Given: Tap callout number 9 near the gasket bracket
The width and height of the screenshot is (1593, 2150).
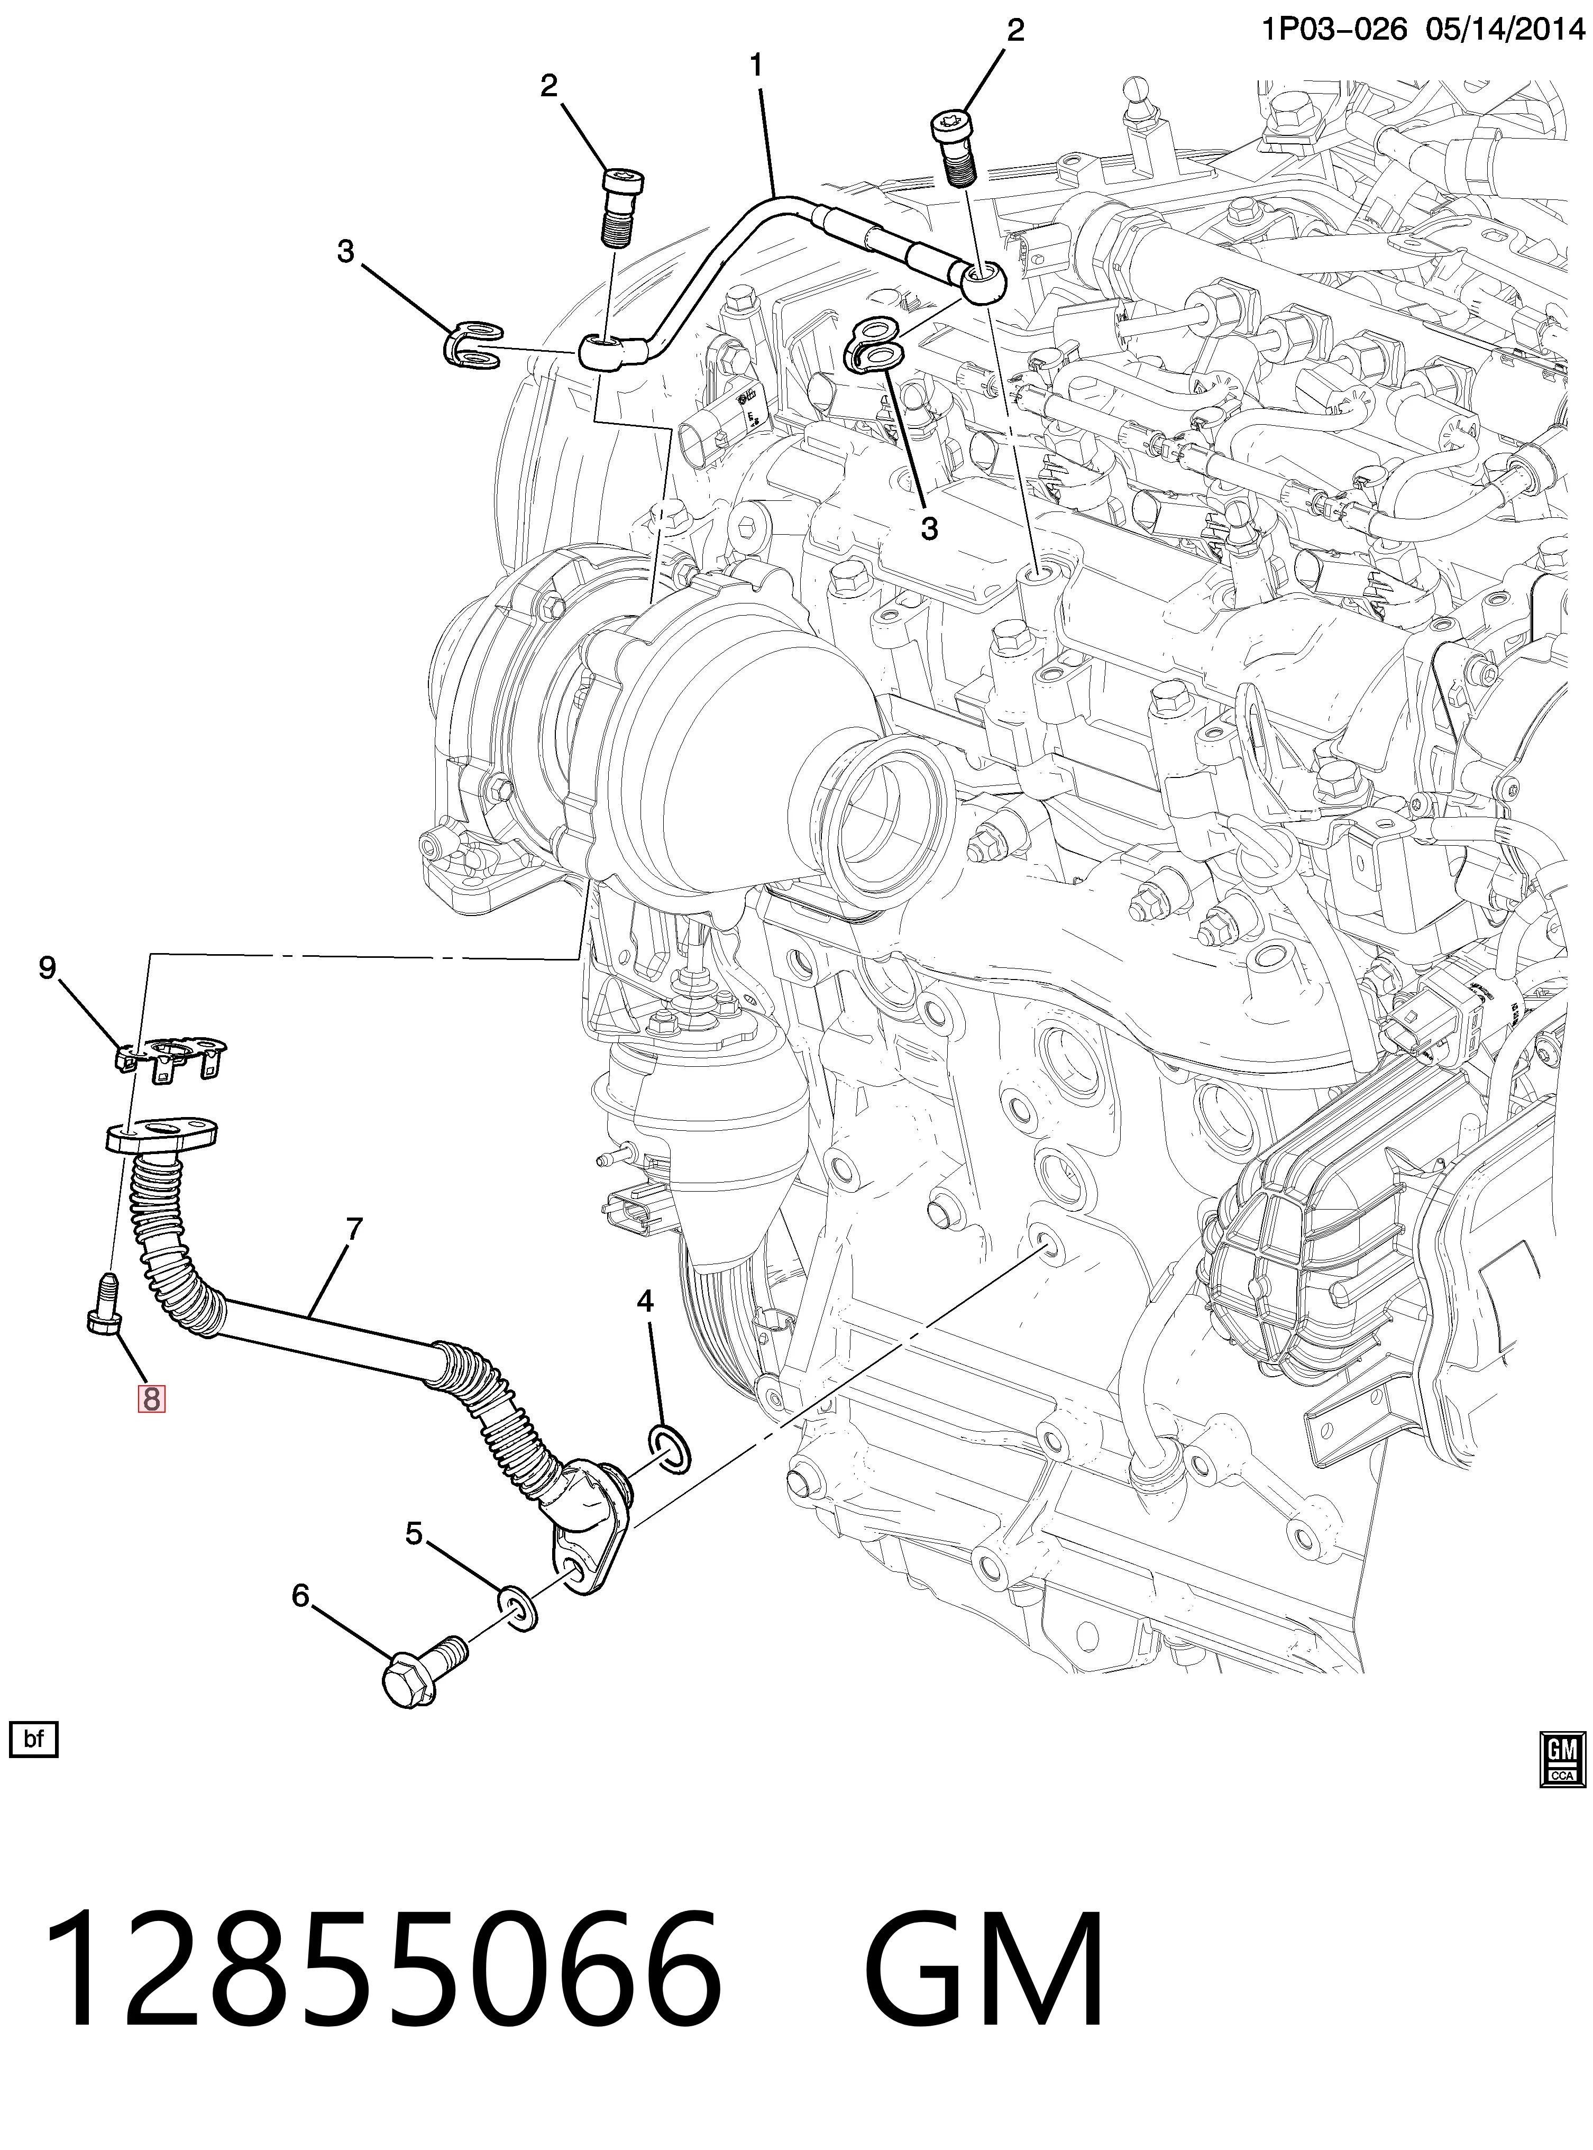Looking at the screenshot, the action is tap(47, 966).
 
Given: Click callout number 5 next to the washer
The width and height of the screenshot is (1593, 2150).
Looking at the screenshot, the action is tap(414, 1533).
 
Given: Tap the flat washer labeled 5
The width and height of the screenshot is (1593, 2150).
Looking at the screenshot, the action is tap(517, 1605).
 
